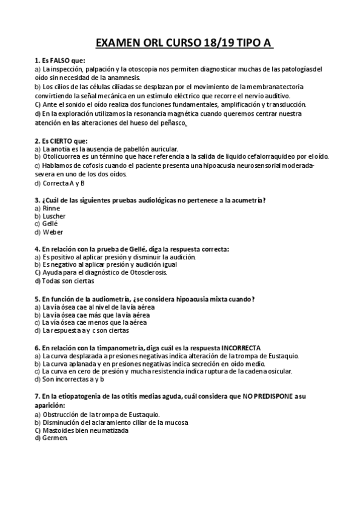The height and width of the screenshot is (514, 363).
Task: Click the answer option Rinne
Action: [x=52, y=208]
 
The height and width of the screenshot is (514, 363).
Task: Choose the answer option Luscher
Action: [x=54, y=216]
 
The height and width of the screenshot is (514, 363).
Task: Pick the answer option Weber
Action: [x=53, y=232]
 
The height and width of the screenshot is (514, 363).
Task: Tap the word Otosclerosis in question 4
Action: [x=148, y=273]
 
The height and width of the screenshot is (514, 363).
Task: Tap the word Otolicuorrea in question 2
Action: [x=62, y=157]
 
